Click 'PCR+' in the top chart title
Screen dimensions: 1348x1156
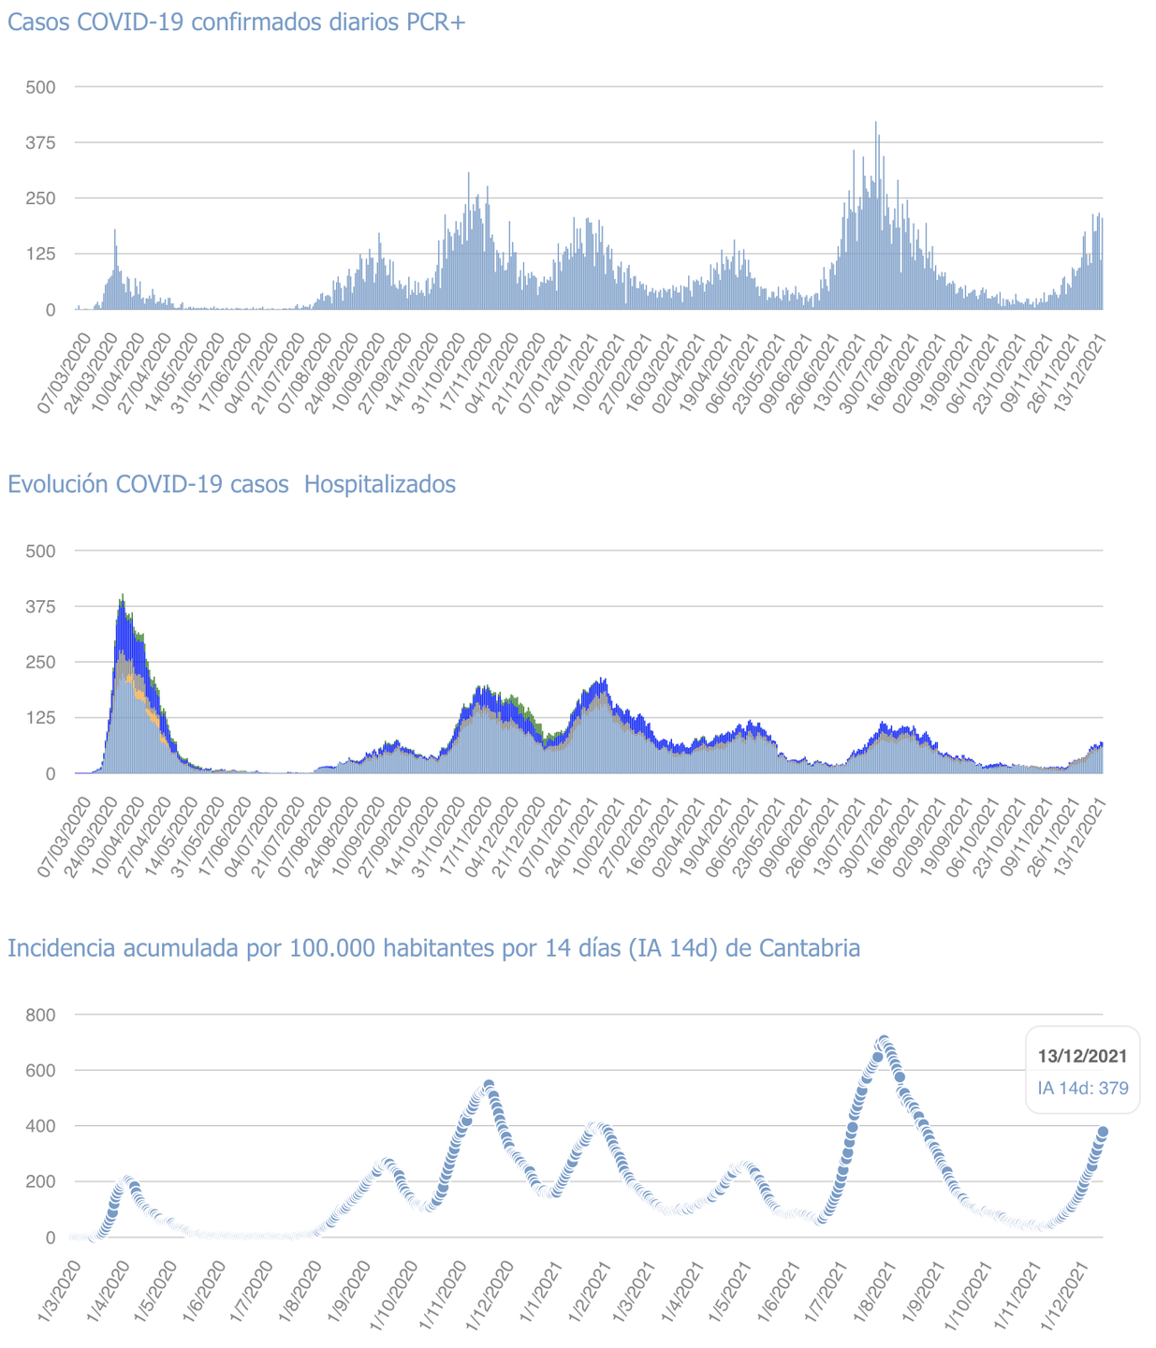(435, 22)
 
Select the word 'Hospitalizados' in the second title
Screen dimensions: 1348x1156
(380, 485)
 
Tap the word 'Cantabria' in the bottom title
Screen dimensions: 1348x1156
(809, 949)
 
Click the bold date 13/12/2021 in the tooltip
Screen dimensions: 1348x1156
(1082, 1056)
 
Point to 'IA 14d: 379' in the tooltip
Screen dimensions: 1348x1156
(1082, 1089)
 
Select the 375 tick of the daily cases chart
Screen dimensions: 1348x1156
(41, 143)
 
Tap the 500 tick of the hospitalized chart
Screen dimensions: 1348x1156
(41, 551)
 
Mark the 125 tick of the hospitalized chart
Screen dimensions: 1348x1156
(41, 718)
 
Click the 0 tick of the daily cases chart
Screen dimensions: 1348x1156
(51, 310)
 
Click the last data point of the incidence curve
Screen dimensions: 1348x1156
(1103, 1132)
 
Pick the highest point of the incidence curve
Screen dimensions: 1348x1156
(883, 1041)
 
